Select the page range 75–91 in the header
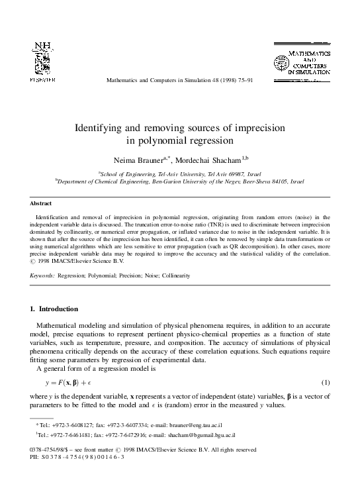(x=241, y=81)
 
